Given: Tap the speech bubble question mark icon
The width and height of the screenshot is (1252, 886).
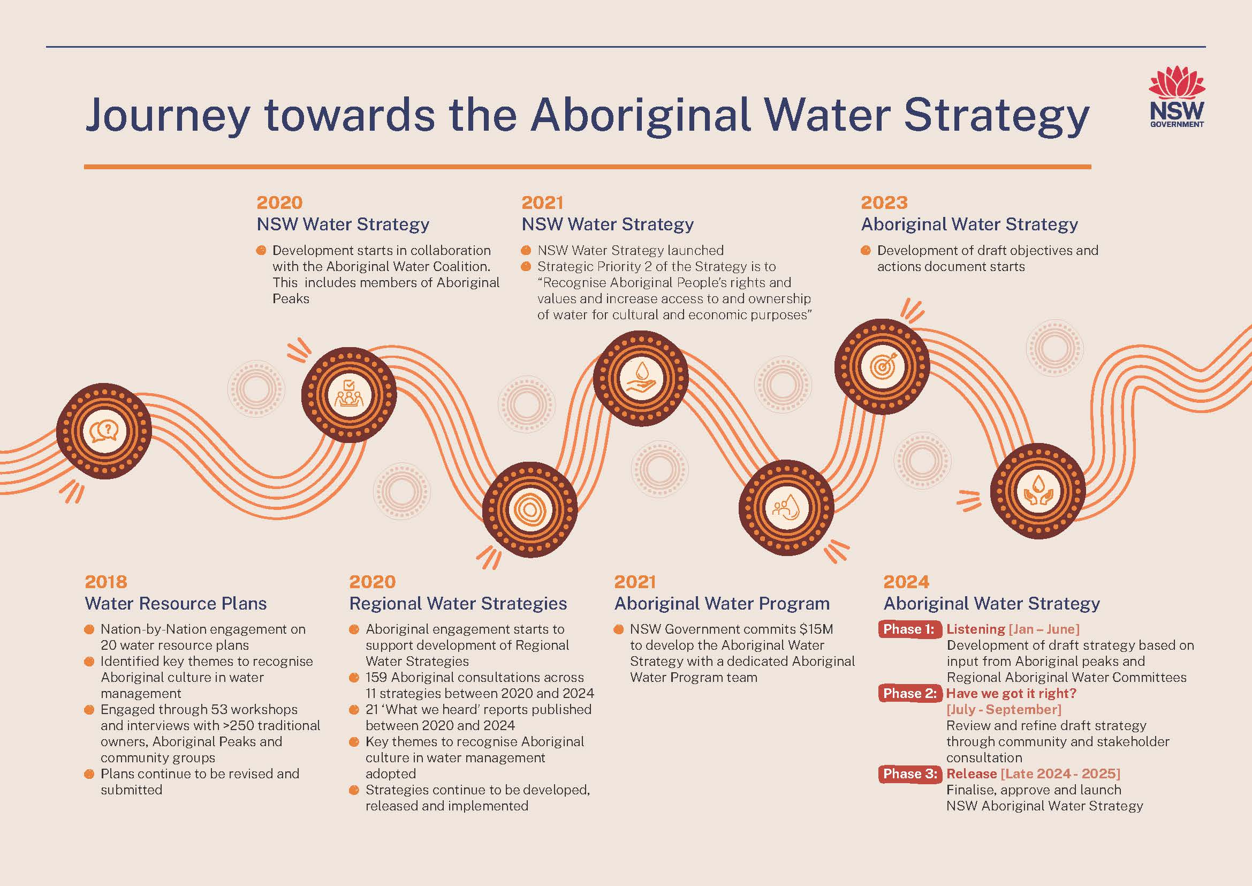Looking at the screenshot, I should tap(104, 431).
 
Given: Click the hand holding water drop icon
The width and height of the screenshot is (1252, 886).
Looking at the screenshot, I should tap(641, 378).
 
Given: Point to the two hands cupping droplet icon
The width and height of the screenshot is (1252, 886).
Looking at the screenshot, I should tap(1038, 491).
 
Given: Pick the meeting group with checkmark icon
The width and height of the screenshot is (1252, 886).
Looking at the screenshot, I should tap(349, 394).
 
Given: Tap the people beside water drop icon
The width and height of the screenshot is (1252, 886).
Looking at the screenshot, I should tap(786, 508).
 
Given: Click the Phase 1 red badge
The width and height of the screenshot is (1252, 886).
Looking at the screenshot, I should tap(908, 629).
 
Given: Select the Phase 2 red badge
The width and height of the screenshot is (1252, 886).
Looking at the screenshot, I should tap(909, 693).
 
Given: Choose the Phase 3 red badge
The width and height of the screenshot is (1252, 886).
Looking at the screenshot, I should tap(909, 774).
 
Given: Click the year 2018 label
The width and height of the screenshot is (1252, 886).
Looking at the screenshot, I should tap(106, 582).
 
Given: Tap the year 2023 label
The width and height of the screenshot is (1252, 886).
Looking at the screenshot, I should tap(884, 202).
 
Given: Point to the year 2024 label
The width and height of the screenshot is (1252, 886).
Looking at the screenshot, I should tap(906, 582).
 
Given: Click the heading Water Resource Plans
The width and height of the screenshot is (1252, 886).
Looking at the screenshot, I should tap(176, 603).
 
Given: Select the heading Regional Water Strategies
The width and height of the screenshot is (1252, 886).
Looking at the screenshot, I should tap(458, 603).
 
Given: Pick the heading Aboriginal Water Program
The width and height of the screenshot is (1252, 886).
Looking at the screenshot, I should tap(722, 603).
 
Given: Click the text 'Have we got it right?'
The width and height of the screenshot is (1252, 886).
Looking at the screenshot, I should tap(1011, 693).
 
